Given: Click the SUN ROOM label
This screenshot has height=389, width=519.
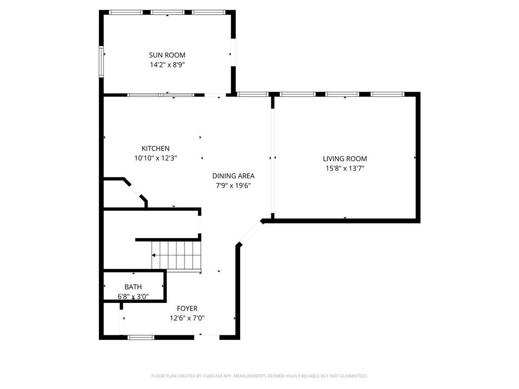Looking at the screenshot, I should (167, 55).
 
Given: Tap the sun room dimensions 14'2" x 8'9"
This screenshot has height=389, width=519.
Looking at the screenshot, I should (167, 64).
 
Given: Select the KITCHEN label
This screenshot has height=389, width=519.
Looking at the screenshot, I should (155, 148).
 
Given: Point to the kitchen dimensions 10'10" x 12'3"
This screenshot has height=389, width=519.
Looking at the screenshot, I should (155, 158).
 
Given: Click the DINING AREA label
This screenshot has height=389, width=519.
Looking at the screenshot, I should (233, 176).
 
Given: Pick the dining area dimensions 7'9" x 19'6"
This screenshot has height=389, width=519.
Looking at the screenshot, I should (233, 185).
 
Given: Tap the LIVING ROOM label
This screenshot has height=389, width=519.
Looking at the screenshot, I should (345, 159).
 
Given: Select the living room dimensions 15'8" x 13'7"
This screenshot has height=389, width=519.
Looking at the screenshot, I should (345, 168).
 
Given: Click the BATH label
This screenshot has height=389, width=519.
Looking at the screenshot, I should (133, 287).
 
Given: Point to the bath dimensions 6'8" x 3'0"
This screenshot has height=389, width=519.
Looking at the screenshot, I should (133, 297).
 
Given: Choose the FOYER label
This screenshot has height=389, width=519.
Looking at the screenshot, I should (187, 308).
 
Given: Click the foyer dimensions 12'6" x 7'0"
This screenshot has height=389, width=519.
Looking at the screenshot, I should (187, 318).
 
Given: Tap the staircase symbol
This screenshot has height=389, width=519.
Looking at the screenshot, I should (176, 256).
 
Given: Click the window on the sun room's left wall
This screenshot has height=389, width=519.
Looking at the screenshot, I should (101, 62).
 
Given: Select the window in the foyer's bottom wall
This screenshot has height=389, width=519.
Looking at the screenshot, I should (141, 337).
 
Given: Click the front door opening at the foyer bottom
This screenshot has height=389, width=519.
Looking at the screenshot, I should (207, 337).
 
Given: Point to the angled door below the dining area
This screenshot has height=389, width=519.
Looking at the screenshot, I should (249, 234).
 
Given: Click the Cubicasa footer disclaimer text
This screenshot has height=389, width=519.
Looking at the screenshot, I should (259, 376).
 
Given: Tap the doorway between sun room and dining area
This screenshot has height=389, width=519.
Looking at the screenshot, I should (215, 95).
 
